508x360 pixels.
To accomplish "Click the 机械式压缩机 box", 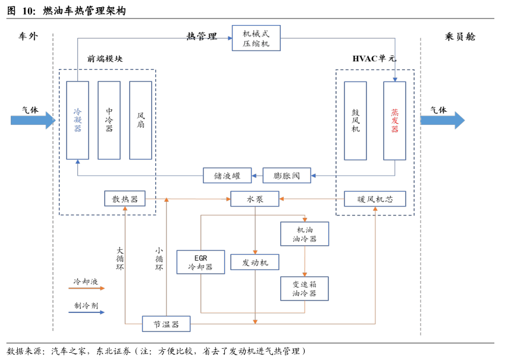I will (x=256, y=37).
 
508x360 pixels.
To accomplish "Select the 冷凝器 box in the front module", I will (x=77, y=120).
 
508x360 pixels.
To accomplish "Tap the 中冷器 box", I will (x=109, y=120).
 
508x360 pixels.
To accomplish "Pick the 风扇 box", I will (x=140, y=120).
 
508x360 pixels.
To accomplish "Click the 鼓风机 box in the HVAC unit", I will (x=355, y=121).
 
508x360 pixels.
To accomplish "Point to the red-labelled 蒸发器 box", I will (x=394, y=121).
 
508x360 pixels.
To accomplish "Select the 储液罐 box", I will (x=227, y=176).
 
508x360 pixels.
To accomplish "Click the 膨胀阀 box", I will (x=287, y=176).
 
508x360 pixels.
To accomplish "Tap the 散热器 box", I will (x=125, y=199).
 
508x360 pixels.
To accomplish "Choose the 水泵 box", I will (x=255, y=199).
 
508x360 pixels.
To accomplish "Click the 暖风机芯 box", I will (x=375, y=199).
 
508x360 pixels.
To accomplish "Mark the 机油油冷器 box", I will (x=305, y=234).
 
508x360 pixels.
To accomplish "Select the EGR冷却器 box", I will (x=200, y=262).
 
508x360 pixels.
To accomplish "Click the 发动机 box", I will (x=255, y=262).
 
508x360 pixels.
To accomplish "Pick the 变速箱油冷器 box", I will (x=305, y=288).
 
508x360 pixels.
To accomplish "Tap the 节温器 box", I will (x=166, y=324).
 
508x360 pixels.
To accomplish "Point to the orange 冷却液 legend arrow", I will (x=87, y=288).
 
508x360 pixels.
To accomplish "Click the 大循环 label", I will (x=120, y=258).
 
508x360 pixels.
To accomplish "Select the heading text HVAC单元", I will (x=374, y=58).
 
